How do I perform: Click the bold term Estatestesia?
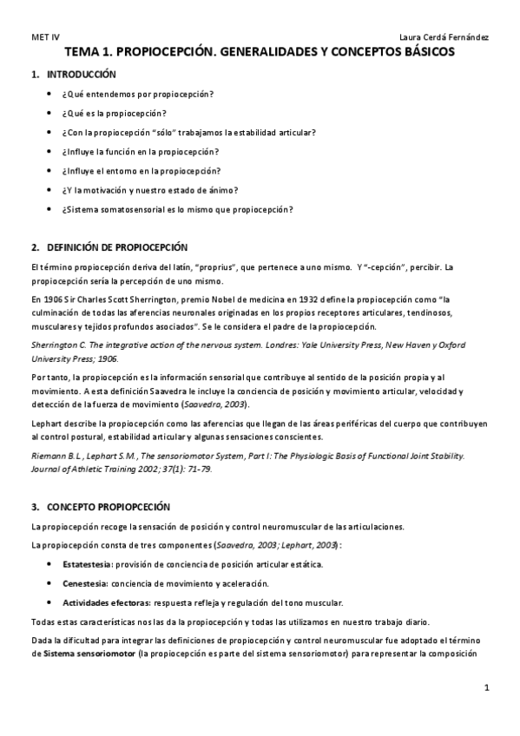pos(85,564)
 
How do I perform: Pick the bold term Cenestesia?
pos(83,583)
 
